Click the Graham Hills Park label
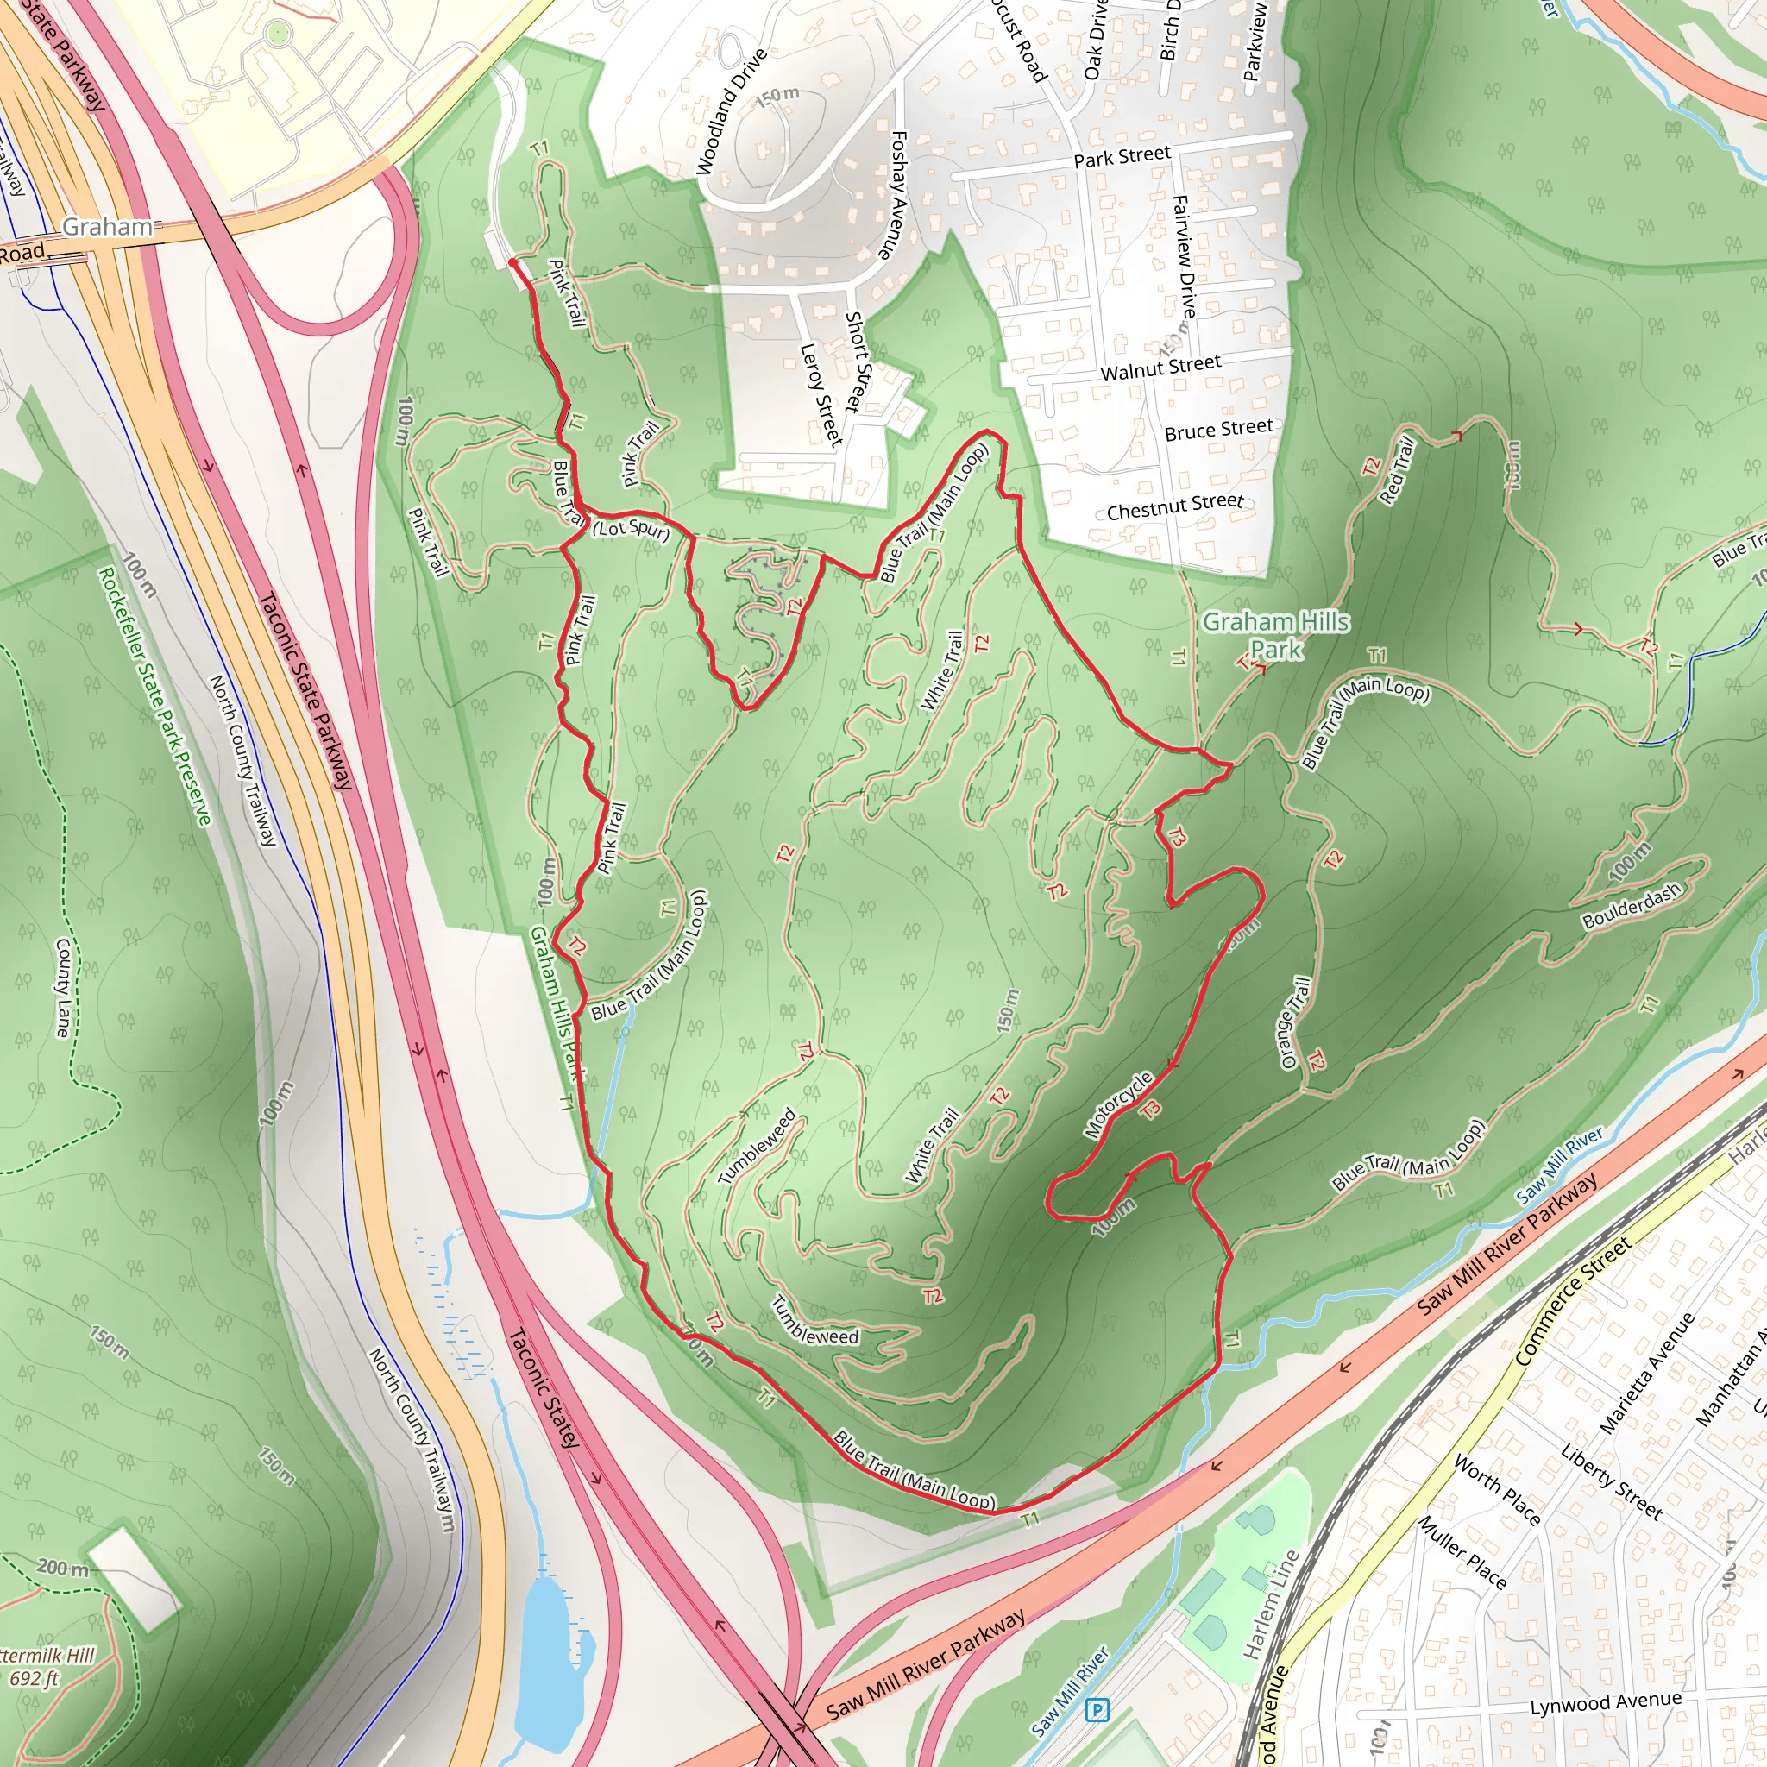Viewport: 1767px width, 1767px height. click(x=1275, y=636)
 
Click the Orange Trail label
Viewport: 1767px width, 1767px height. click(x=1295, y=1022)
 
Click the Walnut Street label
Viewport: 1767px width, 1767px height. click(x=1160, y=368)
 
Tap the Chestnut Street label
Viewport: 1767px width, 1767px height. click(x=1174, y=506)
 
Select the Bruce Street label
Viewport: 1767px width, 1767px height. click(x=1218, y=429)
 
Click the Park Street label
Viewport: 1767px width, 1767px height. click(x=1122, y=156)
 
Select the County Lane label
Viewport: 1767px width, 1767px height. click(x=62, y=988)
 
